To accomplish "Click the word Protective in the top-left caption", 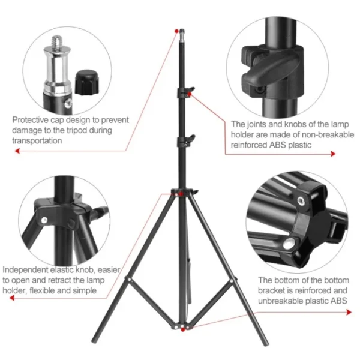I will point(30,119).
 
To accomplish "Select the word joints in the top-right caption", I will point(258,124).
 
